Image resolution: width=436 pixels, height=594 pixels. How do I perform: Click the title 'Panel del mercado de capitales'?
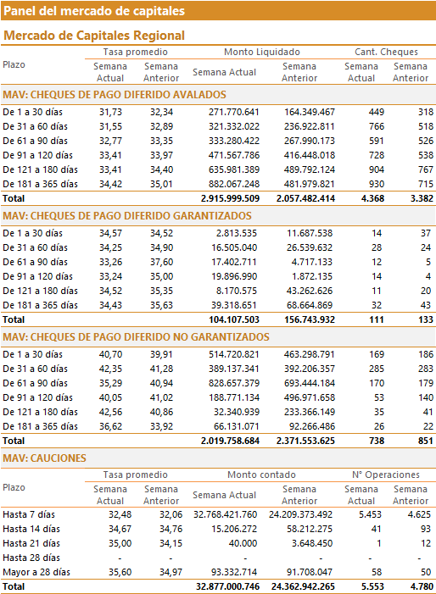(94, 11)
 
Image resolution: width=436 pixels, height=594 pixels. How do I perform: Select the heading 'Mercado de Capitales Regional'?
(94, 36)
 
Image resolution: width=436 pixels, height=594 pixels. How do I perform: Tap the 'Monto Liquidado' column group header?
(262, 52)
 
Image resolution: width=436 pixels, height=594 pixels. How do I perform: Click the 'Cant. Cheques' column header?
(386, 52)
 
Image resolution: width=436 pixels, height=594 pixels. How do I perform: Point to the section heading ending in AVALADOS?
(115, 95)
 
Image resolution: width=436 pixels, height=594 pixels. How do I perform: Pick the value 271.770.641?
(234, 112)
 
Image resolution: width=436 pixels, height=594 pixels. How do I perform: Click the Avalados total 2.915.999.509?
(230, 198)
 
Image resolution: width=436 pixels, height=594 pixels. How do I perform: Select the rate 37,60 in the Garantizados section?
(161, 262)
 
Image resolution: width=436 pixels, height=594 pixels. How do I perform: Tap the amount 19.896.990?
(234, 276)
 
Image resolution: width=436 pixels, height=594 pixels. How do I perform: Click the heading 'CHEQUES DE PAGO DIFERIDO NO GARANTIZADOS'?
(150, 337)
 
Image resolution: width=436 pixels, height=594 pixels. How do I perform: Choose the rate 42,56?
(111, 412)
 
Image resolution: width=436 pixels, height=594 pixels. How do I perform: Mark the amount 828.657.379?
(234, 383)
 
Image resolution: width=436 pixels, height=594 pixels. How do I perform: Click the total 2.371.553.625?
(305, 441)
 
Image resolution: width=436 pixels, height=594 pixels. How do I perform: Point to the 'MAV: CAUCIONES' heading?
(44, 458)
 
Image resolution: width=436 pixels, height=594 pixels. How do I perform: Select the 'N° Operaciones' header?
(386, 475)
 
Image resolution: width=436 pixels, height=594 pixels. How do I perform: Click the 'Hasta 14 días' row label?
(31, 530)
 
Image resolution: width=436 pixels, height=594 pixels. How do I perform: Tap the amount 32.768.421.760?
(225, 515)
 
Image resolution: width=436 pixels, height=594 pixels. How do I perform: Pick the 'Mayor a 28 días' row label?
(36, 573)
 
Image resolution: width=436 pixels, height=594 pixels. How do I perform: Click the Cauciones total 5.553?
(372, 587)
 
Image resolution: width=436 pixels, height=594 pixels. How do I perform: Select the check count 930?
(377, 184)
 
